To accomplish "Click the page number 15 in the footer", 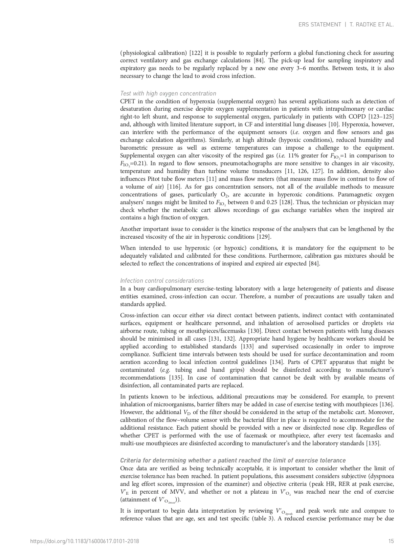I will coord(391,541).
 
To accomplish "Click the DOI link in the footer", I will coord(85,541).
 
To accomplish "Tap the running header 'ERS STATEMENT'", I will coord(319,25).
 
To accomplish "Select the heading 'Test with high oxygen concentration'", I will coord(168,93).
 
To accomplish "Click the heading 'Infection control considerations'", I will coord(162,281).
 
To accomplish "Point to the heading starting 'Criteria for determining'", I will coord(233,460).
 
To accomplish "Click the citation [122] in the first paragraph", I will coord(196,53).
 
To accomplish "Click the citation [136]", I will coord(387,404).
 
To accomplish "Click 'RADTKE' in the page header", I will coord(364,25).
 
